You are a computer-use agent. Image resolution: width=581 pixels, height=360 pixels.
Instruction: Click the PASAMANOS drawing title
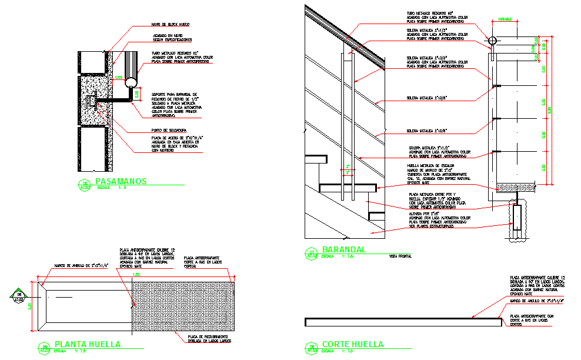coord(120,181)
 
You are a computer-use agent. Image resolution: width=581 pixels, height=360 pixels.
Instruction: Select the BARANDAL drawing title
coord(344,249)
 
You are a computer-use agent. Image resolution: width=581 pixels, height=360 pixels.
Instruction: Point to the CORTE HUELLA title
coord(352,344)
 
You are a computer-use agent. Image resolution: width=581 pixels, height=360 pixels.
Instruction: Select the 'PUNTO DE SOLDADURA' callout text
coord(168,130)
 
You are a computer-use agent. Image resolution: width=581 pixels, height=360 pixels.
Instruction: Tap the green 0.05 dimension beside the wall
coord(118,77)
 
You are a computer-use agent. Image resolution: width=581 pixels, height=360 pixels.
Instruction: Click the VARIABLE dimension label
coord(505,19)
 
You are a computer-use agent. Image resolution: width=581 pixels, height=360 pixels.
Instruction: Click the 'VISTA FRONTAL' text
coord(400,256)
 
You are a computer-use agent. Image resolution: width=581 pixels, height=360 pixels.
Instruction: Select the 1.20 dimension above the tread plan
coord(136,274)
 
